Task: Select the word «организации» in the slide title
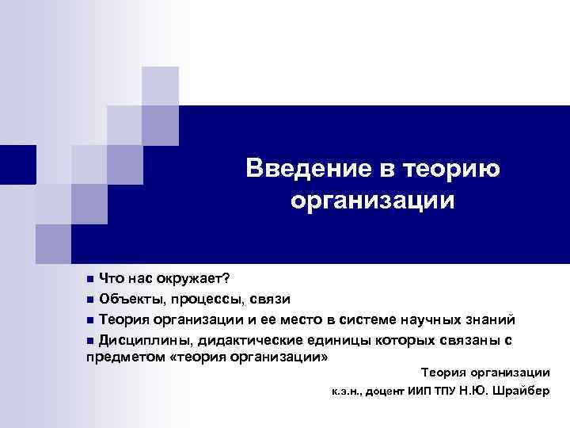click(372, 201)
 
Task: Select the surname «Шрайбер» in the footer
click(523, 392)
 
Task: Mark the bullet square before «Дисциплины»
click(89, 341)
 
